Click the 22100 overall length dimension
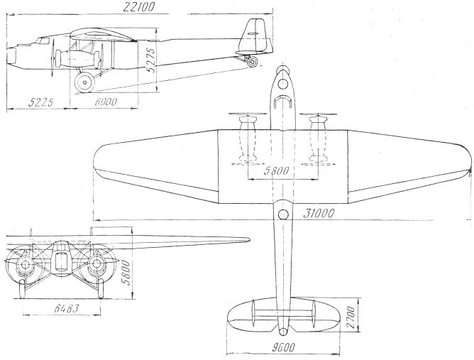coord(139,6)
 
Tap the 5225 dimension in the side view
coord(40,102)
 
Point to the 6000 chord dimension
coord(106,102)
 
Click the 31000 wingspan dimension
coord(319,214)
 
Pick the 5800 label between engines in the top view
coord(276,171)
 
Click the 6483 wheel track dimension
coord(67,308)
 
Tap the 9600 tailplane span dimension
coord(282,347)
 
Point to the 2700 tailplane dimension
coord(351,317)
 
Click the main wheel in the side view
coord(84,82)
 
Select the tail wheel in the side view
coord(252,62)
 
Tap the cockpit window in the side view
coord(43,41)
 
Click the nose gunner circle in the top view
coord(282,84)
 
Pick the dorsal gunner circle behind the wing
coord(283,214)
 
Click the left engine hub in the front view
coord(25,265)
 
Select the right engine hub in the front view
coord(97,264)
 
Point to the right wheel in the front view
coord(101,288)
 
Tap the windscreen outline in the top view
coord(283,101)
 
